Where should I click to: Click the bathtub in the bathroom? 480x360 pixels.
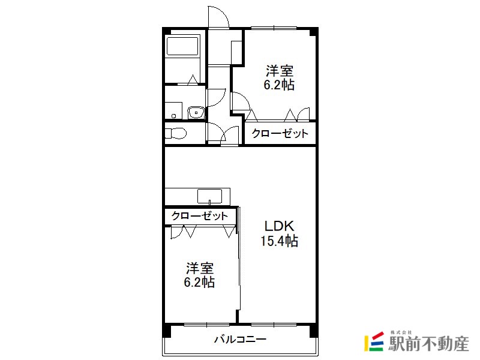182,46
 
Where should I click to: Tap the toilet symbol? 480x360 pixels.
176,133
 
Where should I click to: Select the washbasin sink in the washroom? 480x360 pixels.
196,112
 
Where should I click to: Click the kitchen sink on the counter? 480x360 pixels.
209,196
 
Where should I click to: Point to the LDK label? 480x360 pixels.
279,226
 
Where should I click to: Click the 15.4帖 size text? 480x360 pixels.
279,241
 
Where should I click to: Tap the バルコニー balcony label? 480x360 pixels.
241,339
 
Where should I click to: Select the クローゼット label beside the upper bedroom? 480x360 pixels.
280,133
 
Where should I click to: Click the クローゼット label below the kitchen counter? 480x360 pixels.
200,216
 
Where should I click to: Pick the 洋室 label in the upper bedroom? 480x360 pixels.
280,71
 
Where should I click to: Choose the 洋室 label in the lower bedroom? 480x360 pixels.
200,268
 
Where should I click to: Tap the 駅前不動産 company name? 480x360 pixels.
428,344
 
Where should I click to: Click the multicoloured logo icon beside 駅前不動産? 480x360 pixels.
374,341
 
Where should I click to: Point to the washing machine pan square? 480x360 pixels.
173,110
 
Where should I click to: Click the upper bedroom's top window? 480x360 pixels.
274,28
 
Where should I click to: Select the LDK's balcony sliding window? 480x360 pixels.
274,324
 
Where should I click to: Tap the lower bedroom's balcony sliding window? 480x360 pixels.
207,324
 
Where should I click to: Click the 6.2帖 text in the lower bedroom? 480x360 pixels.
199,282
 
